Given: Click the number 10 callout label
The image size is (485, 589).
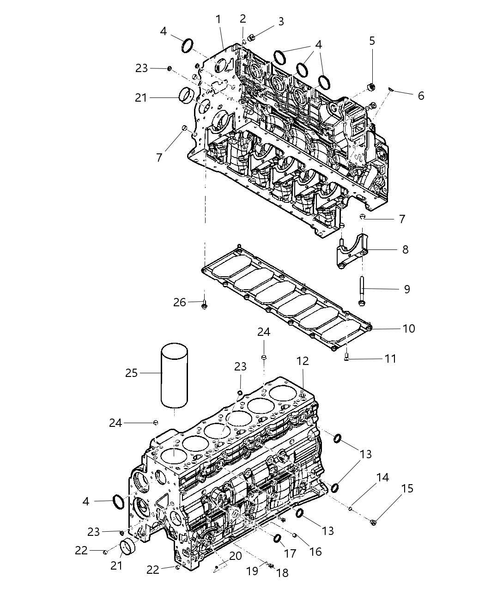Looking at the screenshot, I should tap(409, 328).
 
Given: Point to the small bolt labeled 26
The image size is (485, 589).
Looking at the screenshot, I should tap(205, 304).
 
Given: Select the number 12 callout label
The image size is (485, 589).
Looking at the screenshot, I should tap(303, 361).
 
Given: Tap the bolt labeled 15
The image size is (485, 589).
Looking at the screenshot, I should tap(374, 522).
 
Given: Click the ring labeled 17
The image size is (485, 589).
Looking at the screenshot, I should tap(278, 539).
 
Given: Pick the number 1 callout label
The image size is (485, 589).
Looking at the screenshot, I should tap(218, 19).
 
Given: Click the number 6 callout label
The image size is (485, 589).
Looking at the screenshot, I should tap(421, 96).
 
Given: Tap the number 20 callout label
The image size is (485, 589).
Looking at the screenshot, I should tap(236, 556).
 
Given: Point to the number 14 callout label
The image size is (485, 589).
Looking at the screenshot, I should tap(383, 477).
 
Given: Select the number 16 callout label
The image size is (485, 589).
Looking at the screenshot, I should tap(315, 552).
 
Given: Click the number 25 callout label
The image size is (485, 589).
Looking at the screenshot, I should tap(132, 372).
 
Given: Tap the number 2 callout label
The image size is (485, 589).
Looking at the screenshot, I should tap(243, 18).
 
